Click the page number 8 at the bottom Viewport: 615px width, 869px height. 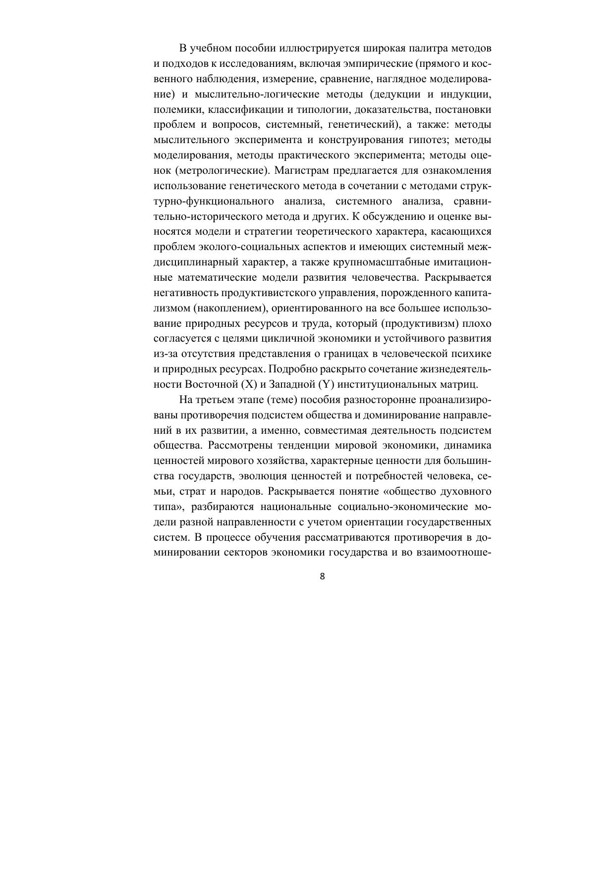point(323,576)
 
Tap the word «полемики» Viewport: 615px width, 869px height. point(175,109)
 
